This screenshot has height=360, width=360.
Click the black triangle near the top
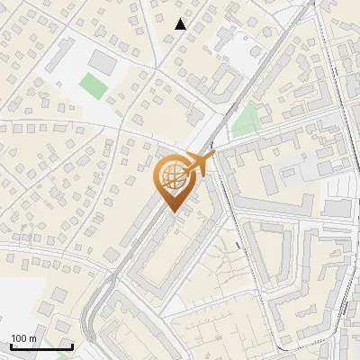click(181, 24)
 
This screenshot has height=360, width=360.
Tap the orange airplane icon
click(197, 165)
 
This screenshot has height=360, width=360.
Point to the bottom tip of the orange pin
click(171, 212)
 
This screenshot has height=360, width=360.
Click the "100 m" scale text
click(23, 338)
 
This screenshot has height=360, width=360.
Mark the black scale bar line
click(41, 346)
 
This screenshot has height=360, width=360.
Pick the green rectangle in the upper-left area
click(92, 86)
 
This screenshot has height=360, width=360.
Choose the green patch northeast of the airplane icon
click(246, 120)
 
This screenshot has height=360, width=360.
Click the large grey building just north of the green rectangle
click(102, 62)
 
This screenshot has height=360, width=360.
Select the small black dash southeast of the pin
click(238, 244)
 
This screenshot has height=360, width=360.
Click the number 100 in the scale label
click(19, 338)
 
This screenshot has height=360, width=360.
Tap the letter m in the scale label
click(32, 338)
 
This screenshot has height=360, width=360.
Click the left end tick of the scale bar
click(11, 345)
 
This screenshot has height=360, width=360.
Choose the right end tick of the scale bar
click(72, 345)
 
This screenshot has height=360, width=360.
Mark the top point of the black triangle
click(181, 19)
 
